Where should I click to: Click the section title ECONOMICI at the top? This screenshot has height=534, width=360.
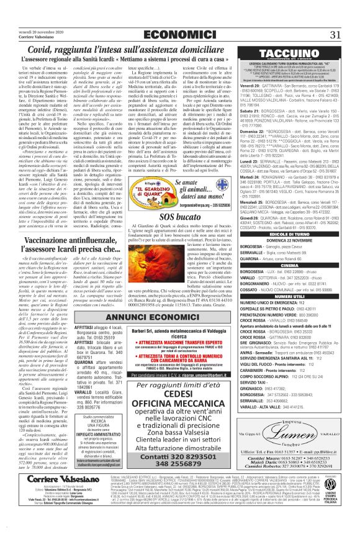(179, 17)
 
